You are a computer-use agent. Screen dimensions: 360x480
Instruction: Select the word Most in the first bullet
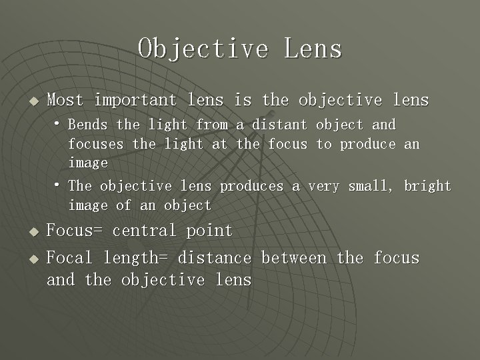(65, 100)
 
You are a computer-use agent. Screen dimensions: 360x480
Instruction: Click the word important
(135, 100)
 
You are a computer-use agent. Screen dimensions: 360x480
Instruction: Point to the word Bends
(88, 125)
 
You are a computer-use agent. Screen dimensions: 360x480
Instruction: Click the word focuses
(96, 143)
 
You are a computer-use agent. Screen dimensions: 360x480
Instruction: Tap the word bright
(427, 186)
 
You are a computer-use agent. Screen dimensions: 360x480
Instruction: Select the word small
(371, 186)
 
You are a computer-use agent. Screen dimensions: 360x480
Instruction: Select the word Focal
(69, 257)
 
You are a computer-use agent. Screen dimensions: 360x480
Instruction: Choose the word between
(294, 257)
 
